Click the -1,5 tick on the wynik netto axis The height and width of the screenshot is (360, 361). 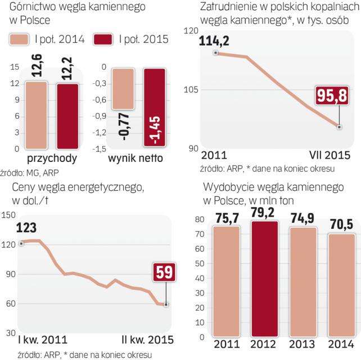101,148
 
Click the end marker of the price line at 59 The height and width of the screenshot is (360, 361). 166,304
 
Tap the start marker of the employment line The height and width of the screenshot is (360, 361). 215,53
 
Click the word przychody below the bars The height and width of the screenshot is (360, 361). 52,159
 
